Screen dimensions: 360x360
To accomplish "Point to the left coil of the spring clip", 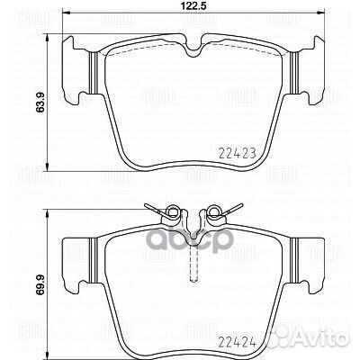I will [x=166, y=212].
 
